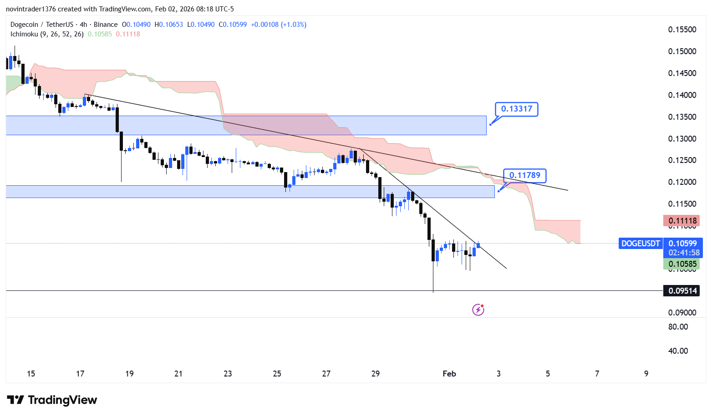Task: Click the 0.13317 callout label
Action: point(516,109)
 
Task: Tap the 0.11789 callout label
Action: point(524,175)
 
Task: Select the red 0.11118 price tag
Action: point(682,221)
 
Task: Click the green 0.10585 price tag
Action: point(682,264)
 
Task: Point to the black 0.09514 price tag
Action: point(682,291)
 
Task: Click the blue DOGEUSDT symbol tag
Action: point(640,244)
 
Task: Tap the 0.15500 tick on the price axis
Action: point(682,30)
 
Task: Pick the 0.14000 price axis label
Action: point(682,95)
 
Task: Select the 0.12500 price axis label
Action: point(682,160)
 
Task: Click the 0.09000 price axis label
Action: point(682,313)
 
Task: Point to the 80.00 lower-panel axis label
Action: point(678,327)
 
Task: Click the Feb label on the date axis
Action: point(449,374)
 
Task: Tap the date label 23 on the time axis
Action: point(228,374)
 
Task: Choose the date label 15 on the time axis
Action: point(31,374)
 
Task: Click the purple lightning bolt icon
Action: point(478,310)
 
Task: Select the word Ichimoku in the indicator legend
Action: point(24,34)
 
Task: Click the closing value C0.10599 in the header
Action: point(233,25)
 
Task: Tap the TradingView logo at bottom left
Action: point(52,400)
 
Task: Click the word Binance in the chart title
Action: point(106,25)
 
